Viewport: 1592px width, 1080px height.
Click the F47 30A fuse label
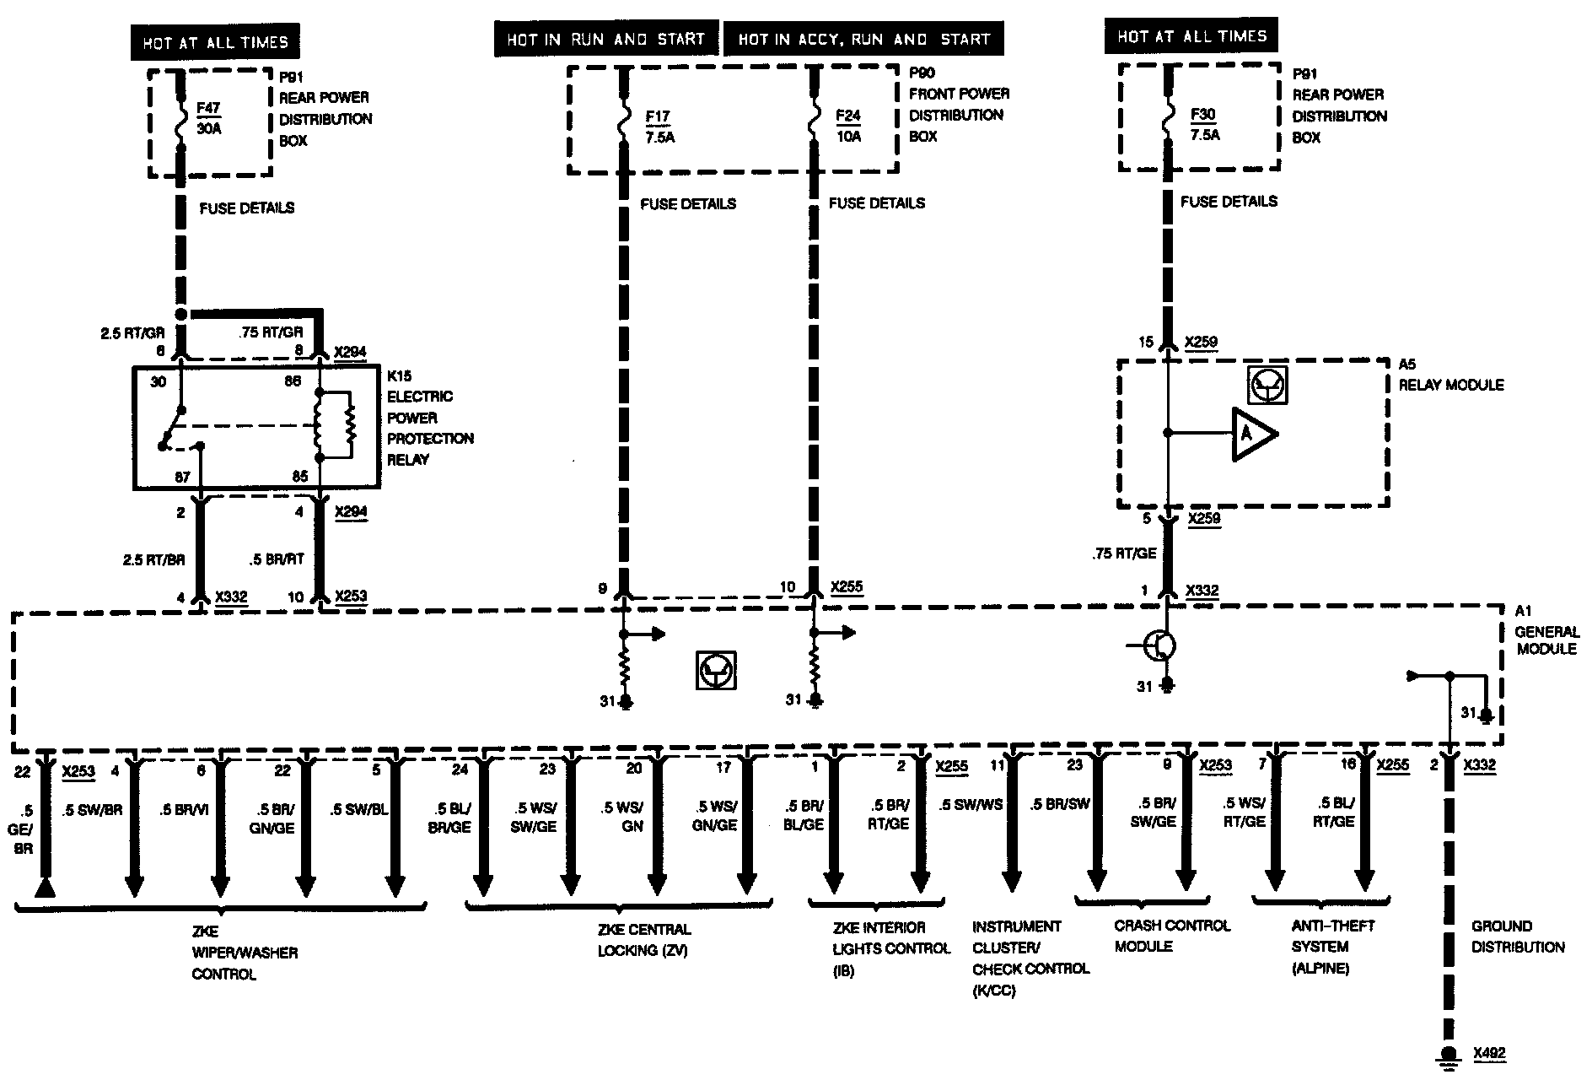[208, 119]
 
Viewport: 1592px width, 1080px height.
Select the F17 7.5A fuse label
[659, 127]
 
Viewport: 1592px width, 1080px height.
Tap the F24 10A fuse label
[848, 126]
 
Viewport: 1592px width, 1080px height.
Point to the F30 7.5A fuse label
[1204, 124]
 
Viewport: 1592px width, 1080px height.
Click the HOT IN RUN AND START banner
[605, 40]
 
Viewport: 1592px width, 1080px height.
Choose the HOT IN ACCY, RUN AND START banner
[863, 40]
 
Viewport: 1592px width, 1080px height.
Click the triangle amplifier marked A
[1252, 434]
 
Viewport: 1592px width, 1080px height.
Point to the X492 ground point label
[1489, 1053]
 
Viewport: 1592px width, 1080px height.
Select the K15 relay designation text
[400, 375]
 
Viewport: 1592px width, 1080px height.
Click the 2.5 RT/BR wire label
[154, 559]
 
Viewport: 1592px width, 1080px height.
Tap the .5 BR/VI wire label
[183, 809]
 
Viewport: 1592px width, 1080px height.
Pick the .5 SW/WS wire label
[971, 804]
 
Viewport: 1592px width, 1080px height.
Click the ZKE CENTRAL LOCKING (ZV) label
[643, 940]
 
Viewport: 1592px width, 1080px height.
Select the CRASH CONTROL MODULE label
[1172, 936]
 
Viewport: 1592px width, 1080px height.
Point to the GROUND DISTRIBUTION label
[1518, 937]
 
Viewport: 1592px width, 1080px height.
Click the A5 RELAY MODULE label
[1450, 375]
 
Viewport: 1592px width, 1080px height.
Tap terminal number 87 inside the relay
[182, 478]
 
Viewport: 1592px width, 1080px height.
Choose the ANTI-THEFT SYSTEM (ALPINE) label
[1332, 947]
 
